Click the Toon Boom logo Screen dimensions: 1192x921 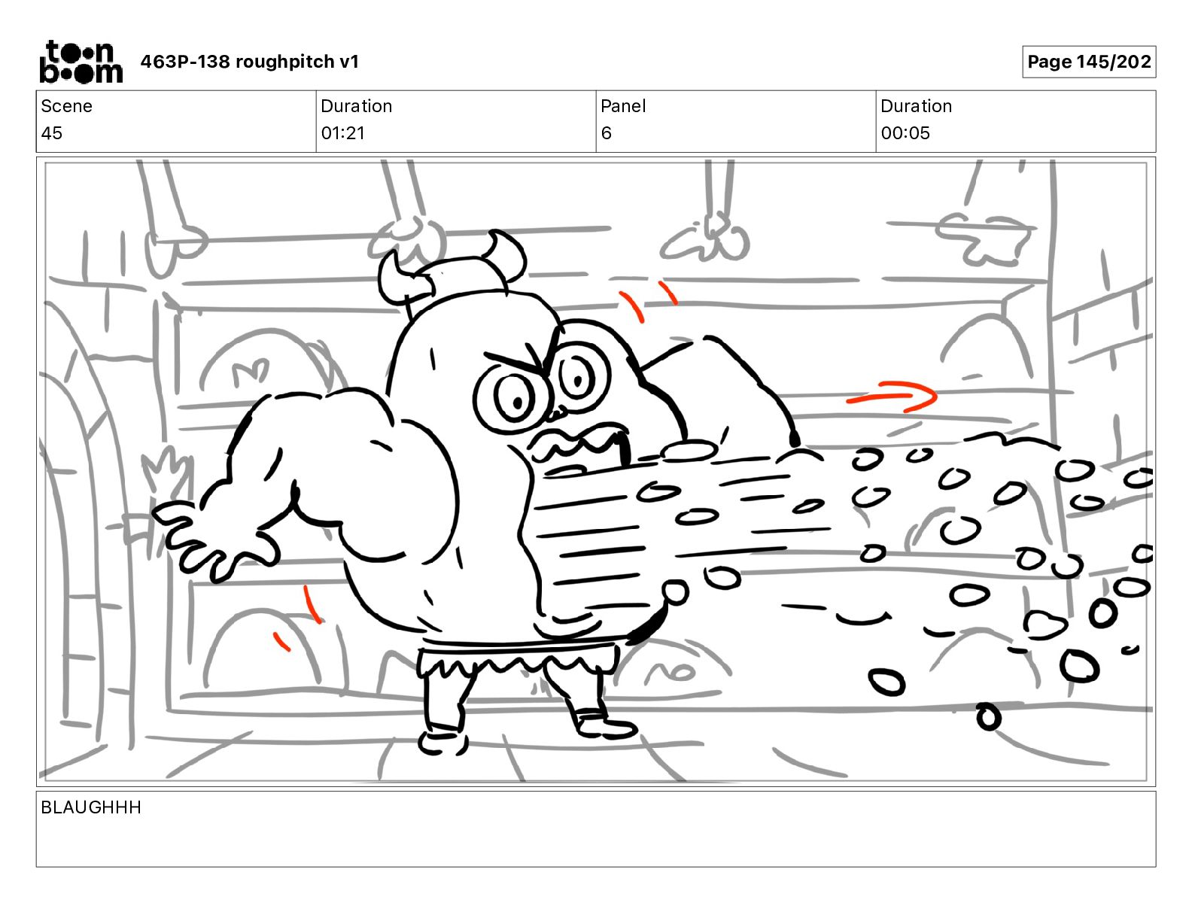click(x=81, y=62)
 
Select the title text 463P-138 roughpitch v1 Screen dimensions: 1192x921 click(x=250, y=62)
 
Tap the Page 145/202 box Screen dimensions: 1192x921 click(x=1089, y=62)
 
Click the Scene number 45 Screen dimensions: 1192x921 click(x=52, y=132)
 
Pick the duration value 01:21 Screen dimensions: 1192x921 click(x=343, y=132)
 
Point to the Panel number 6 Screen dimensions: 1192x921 click(x=606, y=132)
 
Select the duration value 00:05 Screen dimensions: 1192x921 click(x=905, y=132)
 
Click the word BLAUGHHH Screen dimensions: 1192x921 click(x=91, y=807)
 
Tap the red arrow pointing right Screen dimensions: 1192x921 click(x=892, y=396)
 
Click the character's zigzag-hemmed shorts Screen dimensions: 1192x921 click(x=515, y=658)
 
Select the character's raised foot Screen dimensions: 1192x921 click(x=604, y=723)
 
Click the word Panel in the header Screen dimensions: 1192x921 click(x=623, y=106)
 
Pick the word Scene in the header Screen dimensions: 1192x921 click(x=66, y=106)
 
